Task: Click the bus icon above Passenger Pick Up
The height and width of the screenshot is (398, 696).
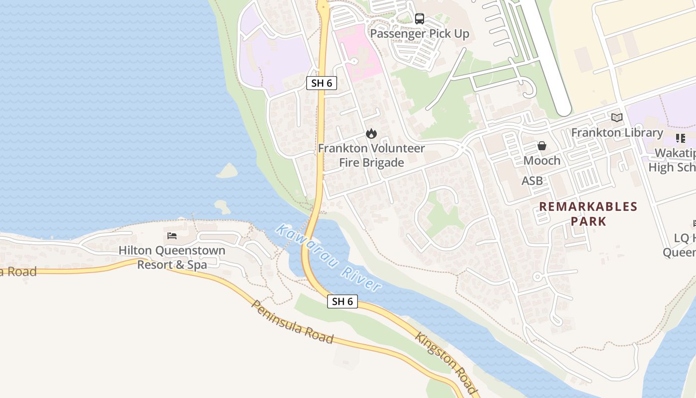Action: (420, 19)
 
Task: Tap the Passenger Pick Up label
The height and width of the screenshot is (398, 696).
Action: (420, 34)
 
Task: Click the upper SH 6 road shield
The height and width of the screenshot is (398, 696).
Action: (322, 83)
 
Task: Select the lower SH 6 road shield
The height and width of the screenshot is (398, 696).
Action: (343, 301)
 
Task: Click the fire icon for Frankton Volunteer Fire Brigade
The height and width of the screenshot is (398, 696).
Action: (371, 134)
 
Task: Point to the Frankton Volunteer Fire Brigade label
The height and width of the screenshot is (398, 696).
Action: (371, 155)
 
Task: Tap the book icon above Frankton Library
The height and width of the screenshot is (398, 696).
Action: (617, 118)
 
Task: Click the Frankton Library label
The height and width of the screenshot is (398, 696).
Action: (617, 133)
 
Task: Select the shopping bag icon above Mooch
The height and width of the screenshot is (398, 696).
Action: (541, 146)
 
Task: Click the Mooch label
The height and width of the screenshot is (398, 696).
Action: (541, 161)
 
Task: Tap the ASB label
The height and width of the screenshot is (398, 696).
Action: (532, 181)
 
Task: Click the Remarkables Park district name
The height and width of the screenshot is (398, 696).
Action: (588, 213)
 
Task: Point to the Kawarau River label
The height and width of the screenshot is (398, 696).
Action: (329, 258)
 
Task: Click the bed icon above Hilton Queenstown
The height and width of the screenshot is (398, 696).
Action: (172, 235)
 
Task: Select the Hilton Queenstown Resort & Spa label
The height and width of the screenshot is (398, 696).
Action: (172, 257)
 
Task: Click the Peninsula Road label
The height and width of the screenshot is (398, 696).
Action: (292, 322)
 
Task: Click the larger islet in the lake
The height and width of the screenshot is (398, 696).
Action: (228, 171)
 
